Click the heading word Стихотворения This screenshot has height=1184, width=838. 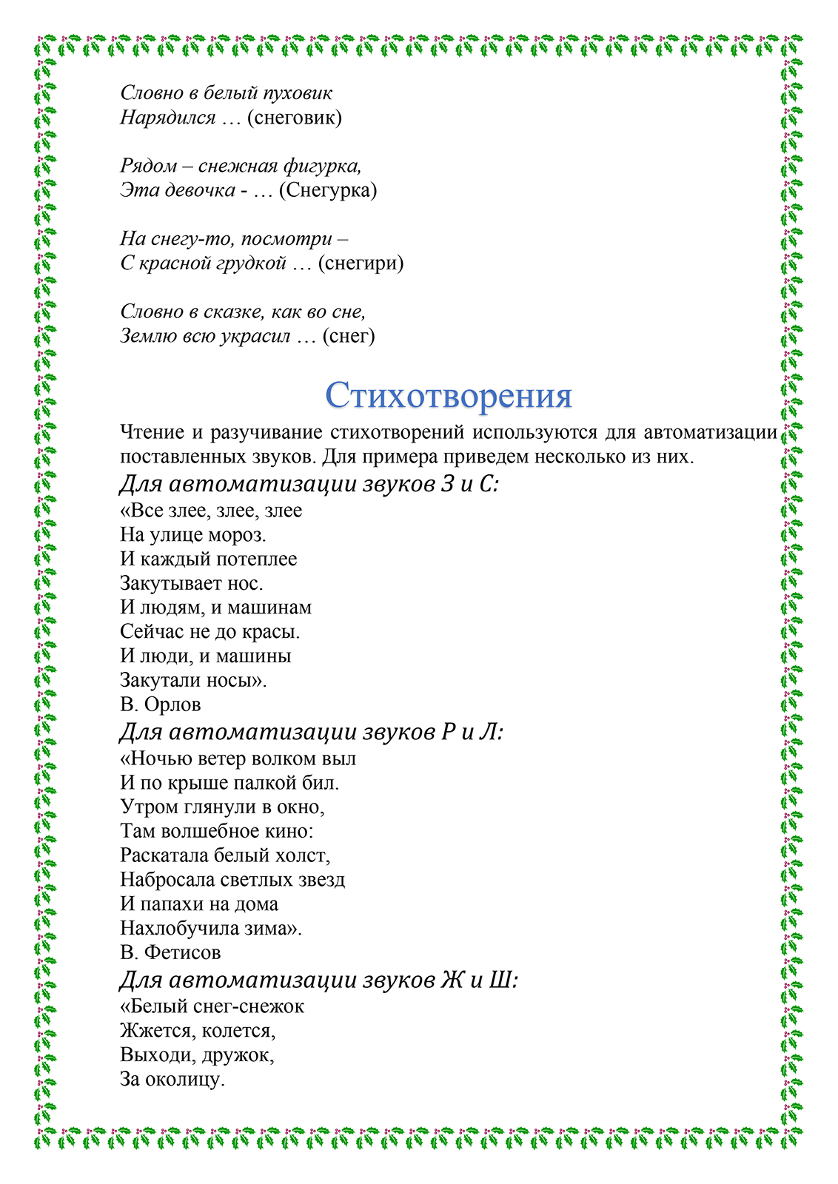click(449, 395)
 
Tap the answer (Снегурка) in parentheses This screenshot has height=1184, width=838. click(328, 190)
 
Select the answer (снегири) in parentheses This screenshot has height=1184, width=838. click(361, 263)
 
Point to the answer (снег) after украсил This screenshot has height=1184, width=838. click(349, 336)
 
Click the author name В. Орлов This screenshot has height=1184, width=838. click(161, 704)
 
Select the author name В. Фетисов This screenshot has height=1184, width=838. click(171, 952)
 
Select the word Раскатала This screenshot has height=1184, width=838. click(164, 855)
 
